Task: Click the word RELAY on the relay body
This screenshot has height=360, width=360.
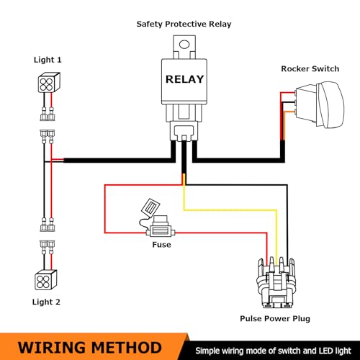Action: point(184,79)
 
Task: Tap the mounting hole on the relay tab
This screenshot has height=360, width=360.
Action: point(184,45)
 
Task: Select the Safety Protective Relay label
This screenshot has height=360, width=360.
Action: point(184,24)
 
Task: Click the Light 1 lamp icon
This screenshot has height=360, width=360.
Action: point(49,82)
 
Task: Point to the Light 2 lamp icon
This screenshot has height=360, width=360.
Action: point(46,280)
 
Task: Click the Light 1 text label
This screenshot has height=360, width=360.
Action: point(48,60)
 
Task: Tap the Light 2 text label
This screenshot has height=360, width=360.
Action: point(46,302)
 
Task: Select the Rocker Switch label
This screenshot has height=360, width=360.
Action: point(310,69)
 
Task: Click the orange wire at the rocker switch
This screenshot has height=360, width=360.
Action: point(284,125)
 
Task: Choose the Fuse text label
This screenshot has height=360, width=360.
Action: point(161,245)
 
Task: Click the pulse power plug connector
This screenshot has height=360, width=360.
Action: point(275,282)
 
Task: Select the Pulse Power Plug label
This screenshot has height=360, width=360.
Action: point(275,319)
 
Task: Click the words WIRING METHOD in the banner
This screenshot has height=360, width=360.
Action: point(90,348)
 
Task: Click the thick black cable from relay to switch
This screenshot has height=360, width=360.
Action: point(240,160)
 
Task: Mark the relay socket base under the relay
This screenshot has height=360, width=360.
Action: point(184,131)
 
